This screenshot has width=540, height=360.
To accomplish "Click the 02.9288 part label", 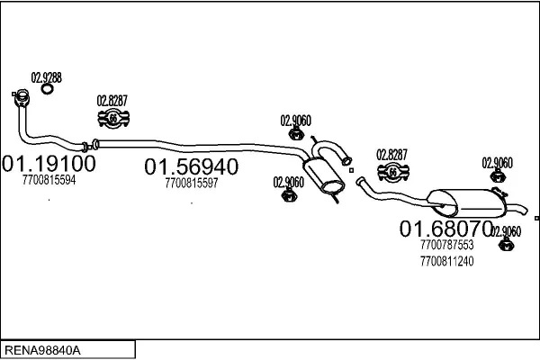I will (47, 77).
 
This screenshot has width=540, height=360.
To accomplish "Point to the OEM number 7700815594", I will (49, 180).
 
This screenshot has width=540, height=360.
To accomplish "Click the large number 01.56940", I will (192, 167).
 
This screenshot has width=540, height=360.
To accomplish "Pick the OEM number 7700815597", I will (192, 183).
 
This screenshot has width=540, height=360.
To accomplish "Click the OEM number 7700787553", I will (446, 244).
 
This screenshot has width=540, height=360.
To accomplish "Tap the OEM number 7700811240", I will (446, 261).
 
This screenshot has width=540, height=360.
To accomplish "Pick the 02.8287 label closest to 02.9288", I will (112, 100).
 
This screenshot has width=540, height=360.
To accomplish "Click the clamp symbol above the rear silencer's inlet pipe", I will (391, 172).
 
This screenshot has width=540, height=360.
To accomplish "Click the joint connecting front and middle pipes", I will (85, 145).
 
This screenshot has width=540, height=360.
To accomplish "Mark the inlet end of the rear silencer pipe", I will (358, 183).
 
